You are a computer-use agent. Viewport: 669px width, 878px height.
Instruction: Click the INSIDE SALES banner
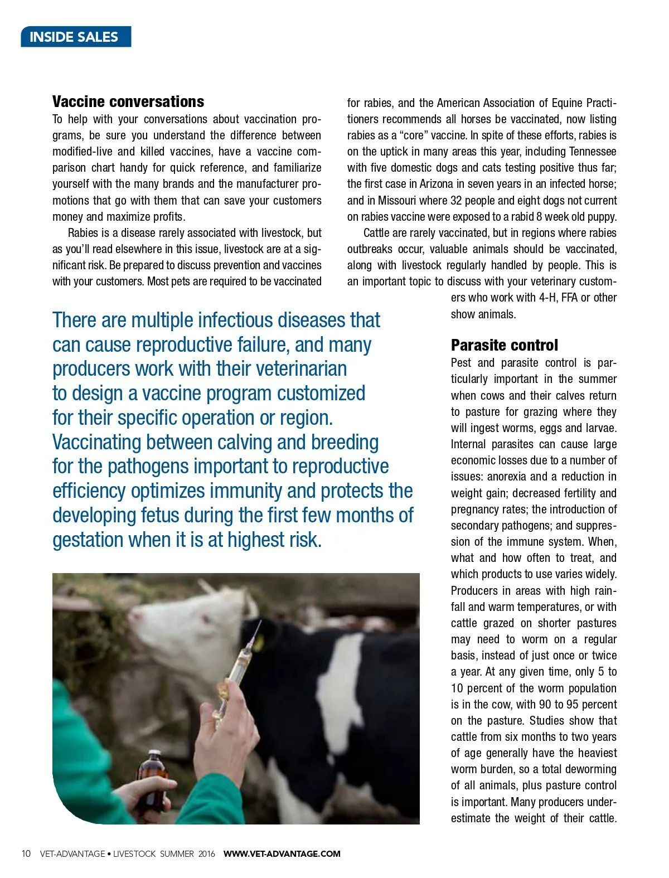click(x=76, y=37)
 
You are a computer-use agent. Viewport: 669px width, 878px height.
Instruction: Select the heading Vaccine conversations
click(x=128, y=101)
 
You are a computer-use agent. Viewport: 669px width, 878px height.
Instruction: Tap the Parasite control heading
click(x=504, y=345)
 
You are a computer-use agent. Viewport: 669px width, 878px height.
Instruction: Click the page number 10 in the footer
click(x=26, y=853)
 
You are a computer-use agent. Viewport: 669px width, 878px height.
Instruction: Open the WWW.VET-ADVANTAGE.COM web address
click(x=282, y=853)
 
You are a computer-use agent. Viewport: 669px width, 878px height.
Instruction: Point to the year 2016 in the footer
click(x=206, y=853)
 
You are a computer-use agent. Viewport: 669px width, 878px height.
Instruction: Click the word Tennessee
click(x=592, y=152)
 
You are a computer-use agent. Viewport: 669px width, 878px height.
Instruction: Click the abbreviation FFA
click(x=569, y=298)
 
